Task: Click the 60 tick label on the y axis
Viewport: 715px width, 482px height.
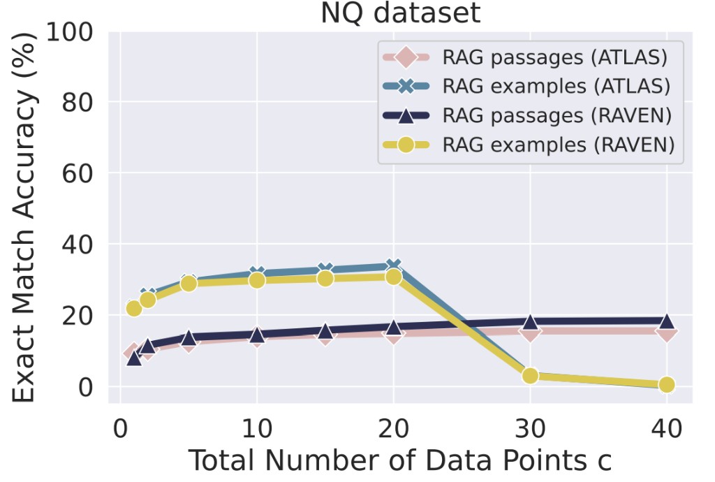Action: coord(78,173)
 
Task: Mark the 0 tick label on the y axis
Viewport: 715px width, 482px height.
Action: coord(85,387)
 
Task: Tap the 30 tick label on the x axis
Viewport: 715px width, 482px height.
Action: coord(530,429)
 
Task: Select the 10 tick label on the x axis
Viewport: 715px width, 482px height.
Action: coord(257,429)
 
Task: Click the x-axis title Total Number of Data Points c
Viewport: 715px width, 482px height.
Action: coord(400,460)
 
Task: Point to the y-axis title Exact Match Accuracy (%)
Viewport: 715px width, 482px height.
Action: coord(24,217)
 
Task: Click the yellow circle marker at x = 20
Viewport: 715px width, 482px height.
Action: coord(394,277)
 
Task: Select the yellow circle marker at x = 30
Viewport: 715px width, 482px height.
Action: coord(530,376)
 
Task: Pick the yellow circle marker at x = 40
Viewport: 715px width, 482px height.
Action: coord(667,385)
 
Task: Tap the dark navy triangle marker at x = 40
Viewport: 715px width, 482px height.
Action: coord(667,321)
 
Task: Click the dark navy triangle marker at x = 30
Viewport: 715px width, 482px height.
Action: coord(530,322)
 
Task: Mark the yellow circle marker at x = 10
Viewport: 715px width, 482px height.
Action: coord(257,280)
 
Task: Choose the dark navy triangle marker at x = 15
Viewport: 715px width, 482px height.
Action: coord(325,331)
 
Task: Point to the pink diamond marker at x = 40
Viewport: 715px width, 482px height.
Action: coord(667,333)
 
